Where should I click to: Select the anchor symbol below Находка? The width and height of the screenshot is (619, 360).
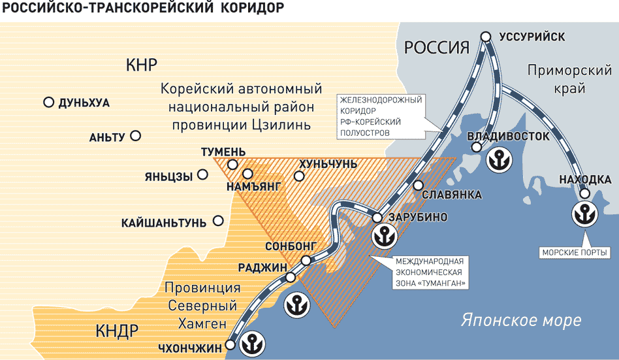(584, 213)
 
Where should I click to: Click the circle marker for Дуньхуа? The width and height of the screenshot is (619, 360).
(48, 103)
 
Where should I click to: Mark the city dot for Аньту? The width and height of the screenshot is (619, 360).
(135, 136)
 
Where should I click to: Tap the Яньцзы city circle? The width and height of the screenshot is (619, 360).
(203, 174)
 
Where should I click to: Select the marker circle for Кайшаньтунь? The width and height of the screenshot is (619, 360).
(219, 221)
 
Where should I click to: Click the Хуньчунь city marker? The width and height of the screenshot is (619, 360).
(299, 176)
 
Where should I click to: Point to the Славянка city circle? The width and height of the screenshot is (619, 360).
(418, 185)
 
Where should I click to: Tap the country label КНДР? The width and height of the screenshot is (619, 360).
(117, 330)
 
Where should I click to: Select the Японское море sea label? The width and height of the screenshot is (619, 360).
(521, 321)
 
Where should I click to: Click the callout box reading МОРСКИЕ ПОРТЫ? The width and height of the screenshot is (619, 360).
(575, 252)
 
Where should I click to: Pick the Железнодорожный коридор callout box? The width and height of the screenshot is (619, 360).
(381, 116)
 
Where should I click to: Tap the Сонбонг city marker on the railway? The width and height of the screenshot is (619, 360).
(306, 261)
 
